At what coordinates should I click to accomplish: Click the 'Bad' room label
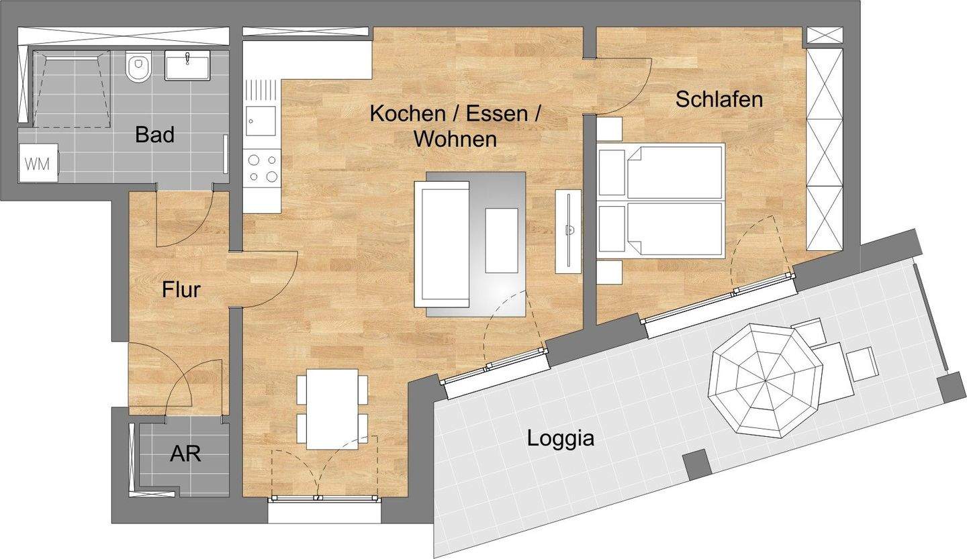[154, 134]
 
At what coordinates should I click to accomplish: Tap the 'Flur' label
[181, 290]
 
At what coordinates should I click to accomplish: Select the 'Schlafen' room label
[719, 99]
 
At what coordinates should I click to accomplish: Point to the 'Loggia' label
[560, 438]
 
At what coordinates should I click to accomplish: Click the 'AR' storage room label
[185, 454]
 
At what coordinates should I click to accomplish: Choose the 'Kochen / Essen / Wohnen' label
[455, 126]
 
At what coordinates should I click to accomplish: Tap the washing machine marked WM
[38, 164]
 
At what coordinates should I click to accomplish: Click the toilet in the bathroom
[138, 67]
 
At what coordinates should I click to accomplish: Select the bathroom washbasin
[187, 65]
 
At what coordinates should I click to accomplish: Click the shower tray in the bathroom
[71, 89]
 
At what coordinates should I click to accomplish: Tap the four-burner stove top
[262, 168]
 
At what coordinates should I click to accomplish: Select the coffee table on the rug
[501, 240]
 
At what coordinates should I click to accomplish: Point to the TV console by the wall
[568, 232]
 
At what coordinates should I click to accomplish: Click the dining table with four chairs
[332, 408]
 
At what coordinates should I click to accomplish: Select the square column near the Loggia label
[696, 464]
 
